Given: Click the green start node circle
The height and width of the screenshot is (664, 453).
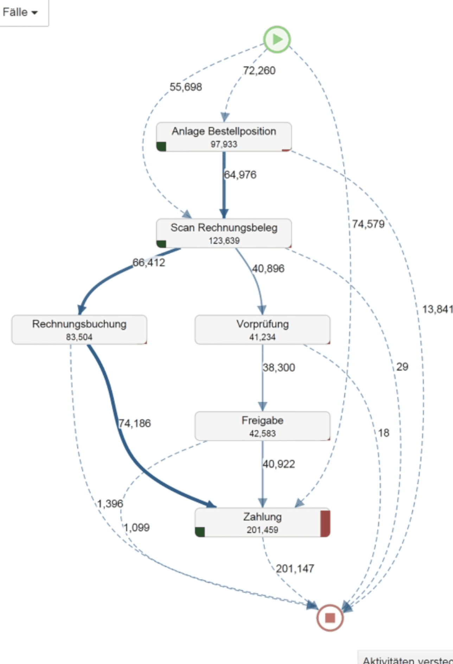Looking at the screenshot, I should (x=277, y=39).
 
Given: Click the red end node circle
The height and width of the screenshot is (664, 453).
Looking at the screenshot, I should (x=330, y=618).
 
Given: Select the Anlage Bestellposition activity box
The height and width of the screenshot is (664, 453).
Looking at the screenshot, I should (x=224, y=137).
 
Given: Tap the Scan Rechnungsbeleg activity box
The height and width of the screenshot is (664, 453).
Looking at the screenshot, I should (x=224, y=233).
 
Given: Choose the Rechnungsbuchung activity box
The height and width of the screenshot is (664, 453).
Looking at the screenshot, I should (x=79, y=330).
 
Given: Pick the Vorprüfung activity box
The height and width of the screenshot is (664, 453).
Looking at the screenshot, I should (x=262, y=330).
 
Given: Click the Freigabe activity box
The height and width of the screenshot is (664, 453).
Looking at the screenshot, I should (x=262, y=426).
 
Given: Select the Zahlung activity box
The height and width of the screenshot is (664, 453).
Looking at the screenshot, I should (x=262, y=522).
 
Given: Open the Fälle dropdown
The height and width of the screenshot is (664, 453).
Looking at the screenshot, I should (x=20, y=12).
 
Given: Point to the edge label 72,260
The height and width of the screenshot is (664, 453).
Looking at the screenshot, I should (x=259, y=71).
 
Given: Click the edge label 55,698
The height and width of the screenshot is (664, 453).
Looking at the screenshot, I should (x=186, y=87).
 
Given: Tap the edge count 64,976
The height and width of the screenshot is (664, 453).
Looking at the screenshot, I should (x=241, y=175).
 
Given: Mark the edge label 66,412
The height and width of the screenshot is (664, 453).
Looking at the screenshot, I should (x=149, y=263).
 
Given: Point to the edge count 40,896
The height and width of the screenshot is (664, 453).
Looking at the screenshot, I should (x=268, y=269).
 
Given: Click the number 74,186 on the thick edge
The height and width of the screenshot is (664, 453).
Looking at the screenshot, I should (x=135, y=423).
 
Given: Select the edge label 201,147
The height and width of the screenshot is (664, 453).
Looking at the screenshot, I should (x=295, y=569).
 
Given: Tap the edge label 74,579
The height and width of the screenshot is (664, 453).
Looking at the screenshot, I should (x=368, y=224).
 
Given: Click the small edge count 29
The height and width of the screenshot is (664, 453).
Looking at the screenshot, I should (x=402, y=367).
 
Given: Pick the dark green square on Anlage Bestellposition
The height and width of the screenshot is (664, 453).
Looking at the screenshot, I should (x=161, y=146).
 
